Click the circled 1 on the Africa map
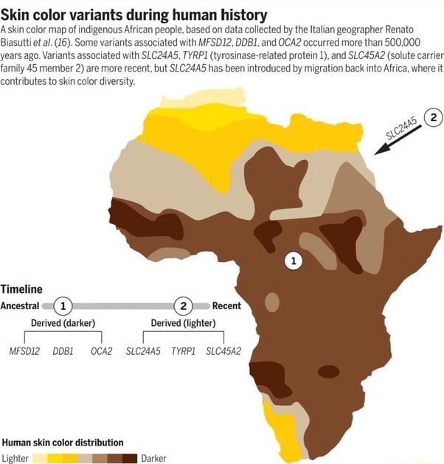click(294, 260)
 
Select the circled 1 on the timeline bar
click(63, 305)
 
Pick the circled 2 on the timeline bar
click(182, 305)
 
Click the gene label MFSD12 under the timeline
click(25, 350)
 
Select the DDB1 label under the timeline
click(62, 350)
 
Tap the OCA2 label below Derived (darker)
click(101, 350)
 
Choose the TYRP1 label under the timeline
click(183, 350)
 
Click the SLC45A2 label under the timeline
click(223, 350)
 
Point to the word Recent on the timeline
click(226, 305)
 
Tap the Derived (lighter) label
click(183, 322)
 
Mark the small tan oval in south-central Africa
click(273, 302)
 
